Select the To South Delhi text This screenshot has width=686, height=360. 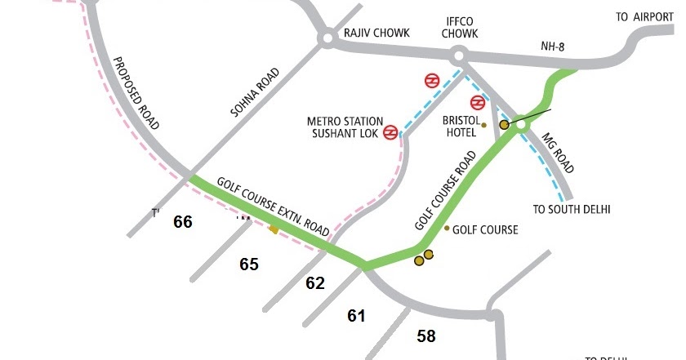pos(572,209)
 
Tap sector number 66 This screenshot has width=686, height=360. pos(182,221)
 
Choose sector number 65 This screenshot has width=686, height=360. pos(248,264)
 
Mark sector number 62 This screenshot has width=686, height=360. pos(315,283)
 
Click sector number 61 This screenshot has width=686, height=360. pos(356,315)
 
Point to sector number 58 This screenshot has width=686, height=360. pos(426,335)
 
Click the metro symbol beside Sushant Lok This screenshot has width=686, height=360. pos(391,131)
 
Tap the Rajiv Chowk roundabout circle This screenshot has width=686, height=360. pos(327,38)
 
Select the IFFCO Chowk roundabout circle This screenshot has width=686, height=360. pos(457,56)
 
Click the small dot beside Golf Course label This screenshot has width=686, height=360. pos(446,228)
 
